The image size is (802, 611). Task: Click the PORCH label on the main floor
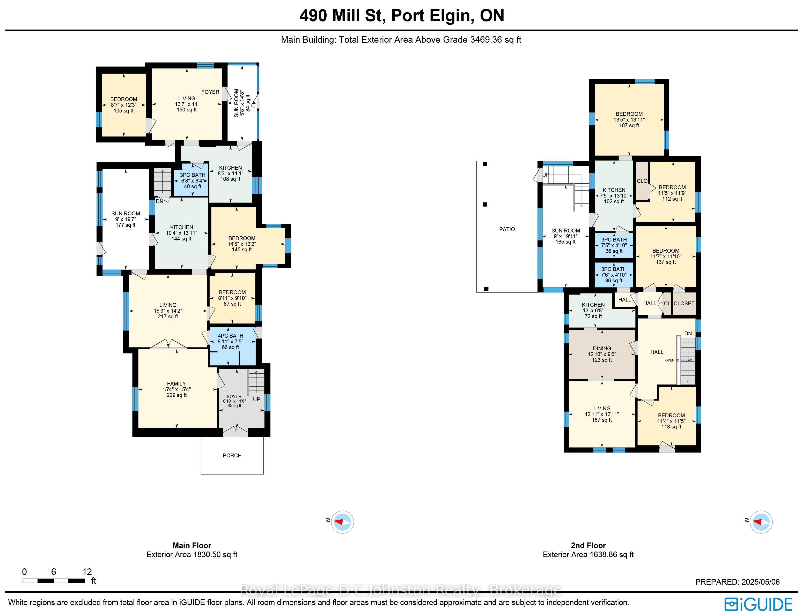(232, 455)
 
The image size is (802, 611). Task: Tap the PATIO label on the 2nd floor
(507, 229)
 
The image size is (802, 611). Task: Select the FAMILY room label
(176, 389)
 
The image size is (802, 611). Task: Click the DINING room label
(602, 354)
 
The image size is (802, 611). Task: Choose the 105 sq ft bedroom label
(124, 105)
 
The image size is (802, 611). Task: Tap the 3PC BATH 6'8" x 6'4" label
(193, 181)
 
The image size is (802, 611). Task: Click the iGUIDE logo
(758, 604)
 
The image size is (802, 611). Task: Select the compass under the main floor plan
(342, 522)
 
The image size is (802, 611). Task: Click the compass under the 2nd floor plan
(761, 522)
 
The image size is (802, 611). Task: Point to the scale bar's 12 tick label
(87, 572)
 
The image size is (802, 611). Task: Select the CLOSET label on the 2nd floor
(684, 303)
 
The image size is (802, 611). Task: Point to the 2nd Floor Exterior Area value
(588, 555)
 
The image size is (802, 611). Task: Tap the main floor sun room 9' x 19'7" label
(126, 219)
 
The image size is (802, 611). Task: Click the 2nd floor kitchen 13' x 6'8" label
(593, 311)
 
